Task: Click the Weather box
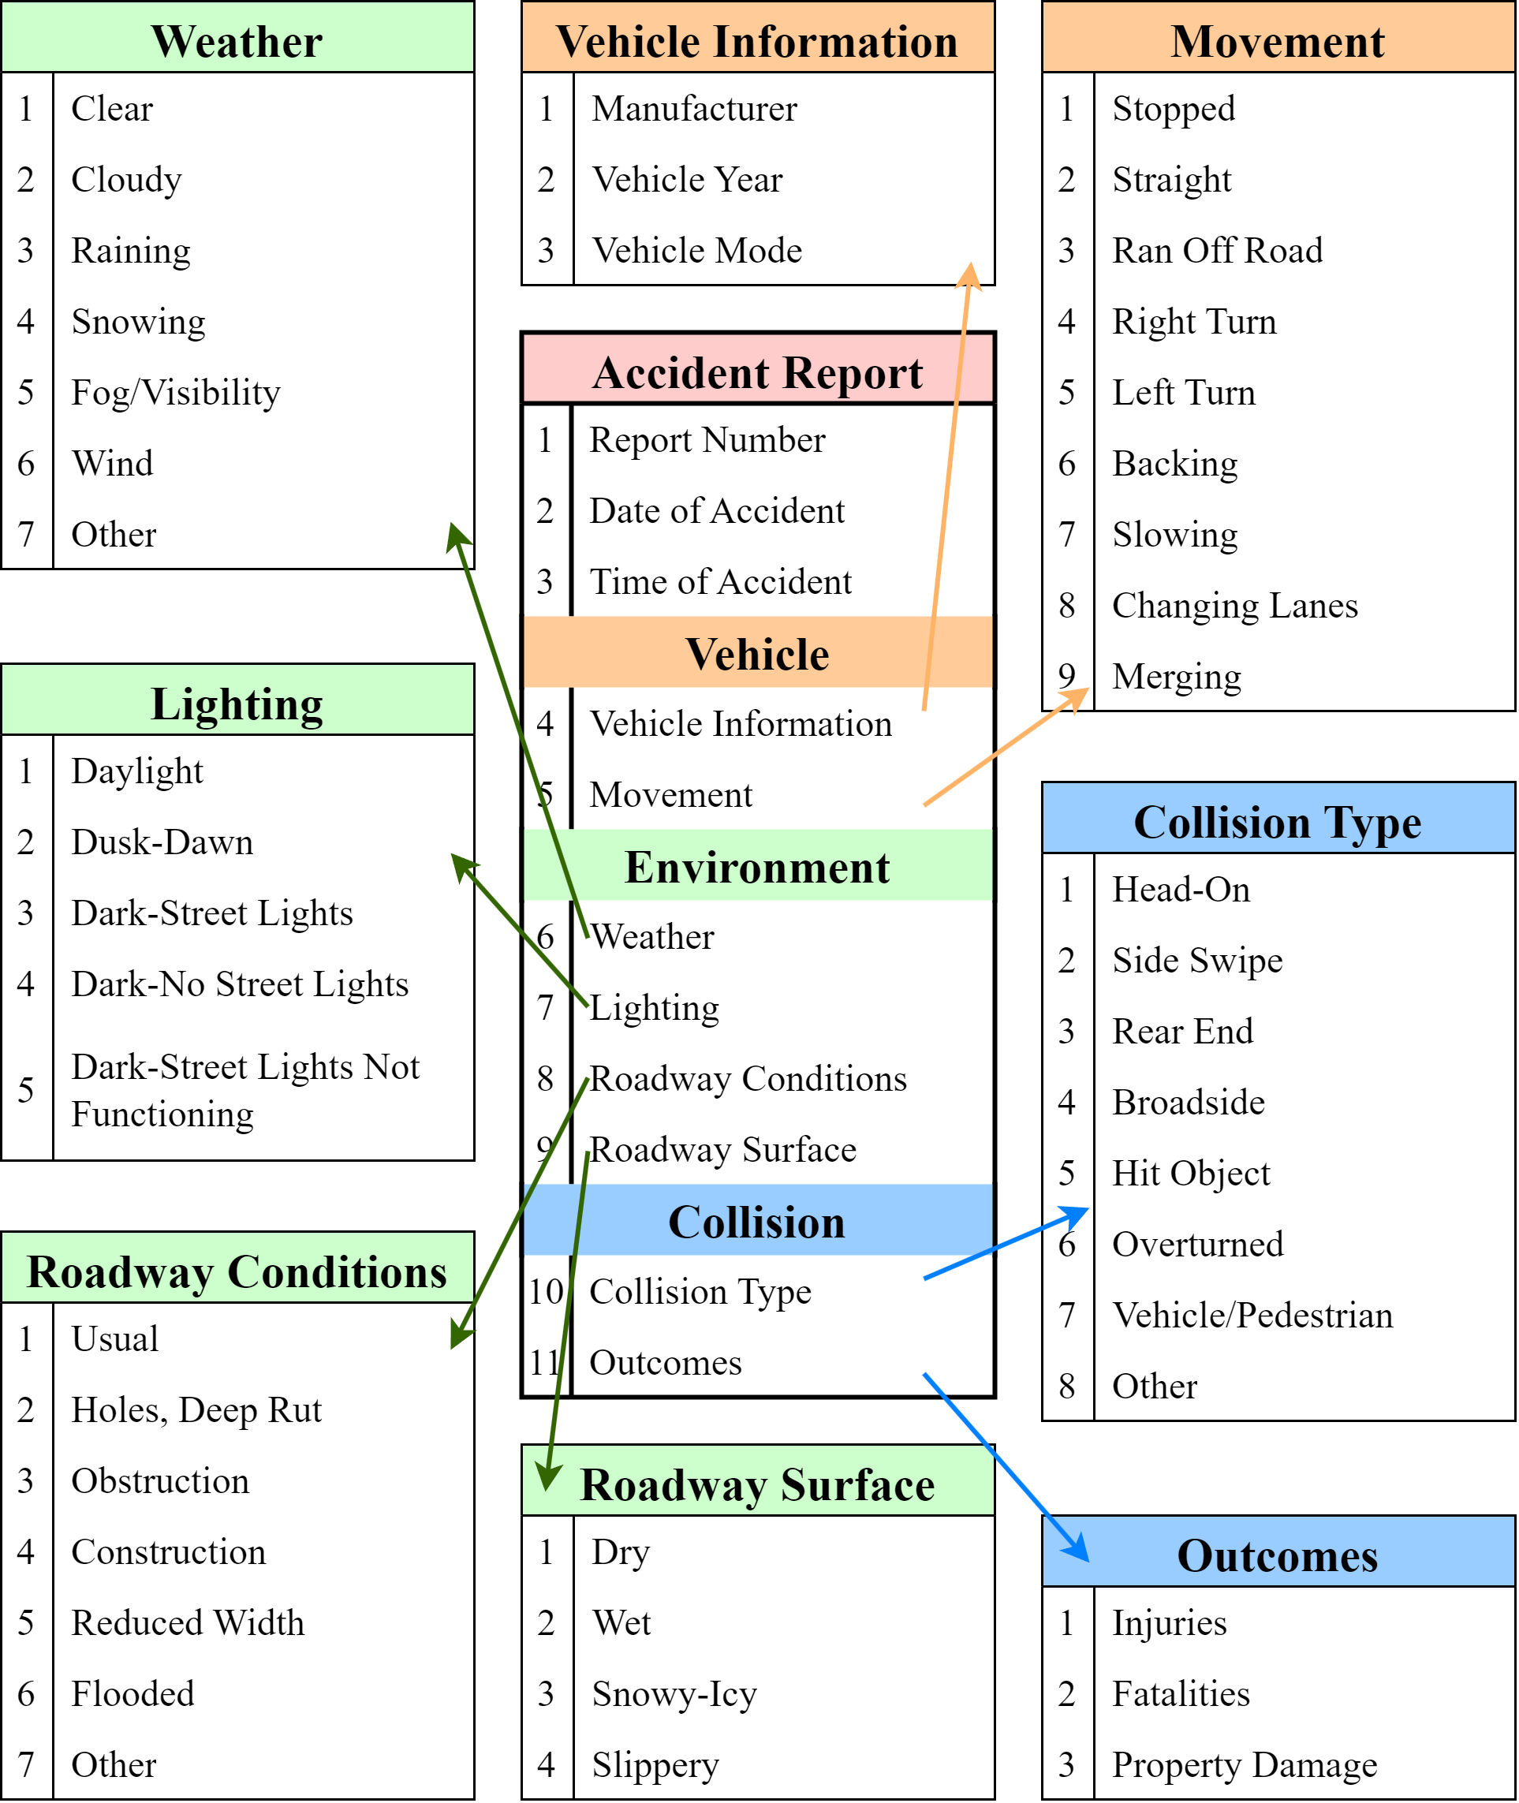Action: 237,37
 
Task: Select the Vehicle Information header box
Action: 758,37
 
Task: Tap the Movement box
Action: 1278,37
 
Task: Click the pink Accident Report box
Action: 758,368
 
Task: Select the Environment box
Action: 758,865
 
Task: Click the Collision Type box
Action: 1278,818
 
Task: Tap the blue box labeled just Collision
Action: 758,1220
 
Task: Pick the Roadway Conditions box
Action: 237,1267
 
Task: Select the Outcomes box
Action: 1278,1551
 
